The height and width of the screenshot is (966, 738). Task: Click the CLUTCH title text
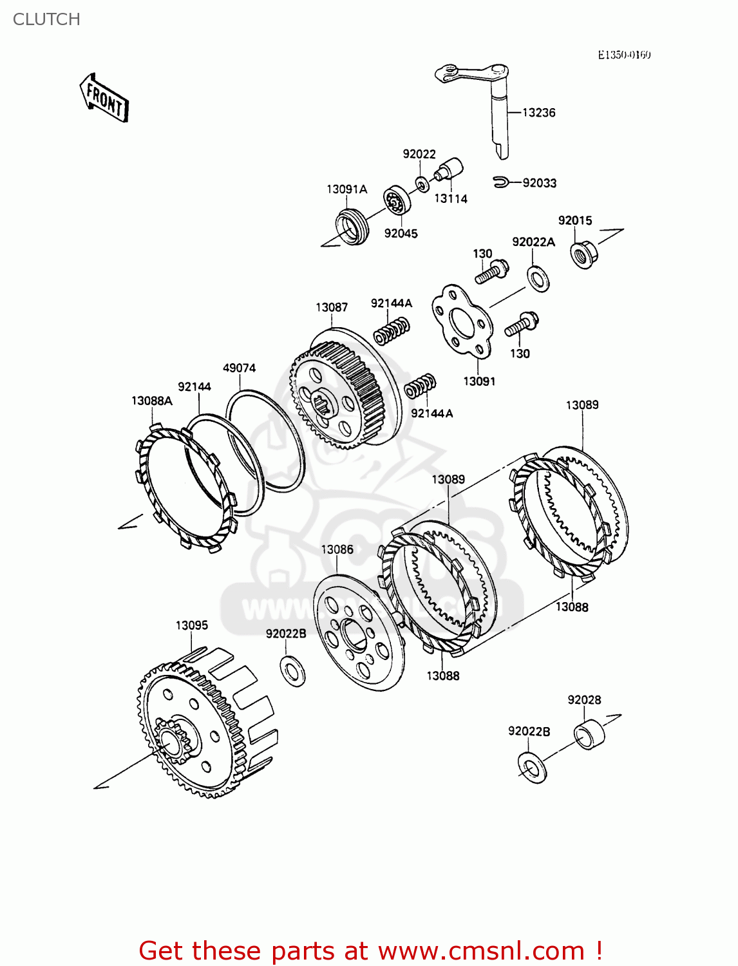click(46, 19)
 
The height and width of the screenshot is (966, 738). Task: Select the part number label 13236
click(538, 113)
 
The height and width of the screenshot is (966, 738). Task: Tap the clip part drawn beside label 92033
click(501, 183)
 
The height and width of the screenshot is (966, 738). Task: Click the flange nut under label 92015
click(583, 253)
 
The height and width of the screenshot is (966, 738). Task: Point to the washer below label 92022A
click(538, 278)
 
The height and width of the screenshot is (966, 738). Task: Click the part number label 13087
click(332, 307)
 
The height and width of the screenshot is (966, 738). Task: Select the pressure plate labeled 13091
click(462, 321)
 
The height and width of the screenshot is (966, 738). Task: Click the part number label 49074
click(239, 368)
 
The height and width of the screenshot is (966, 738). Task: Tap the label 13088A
click(152, 401)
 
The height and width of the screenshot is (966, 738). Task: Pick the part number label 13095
click(192, 625)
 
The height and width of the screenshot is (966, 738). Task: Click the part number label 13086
click(337, 549)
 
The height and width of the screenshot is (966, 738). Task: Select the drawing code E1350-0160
click(624, 55)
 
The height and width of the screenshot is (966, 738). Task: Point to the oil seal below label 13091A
click(352, 227)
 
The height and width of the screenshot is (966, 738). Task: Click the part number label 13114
click(451, 199)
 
